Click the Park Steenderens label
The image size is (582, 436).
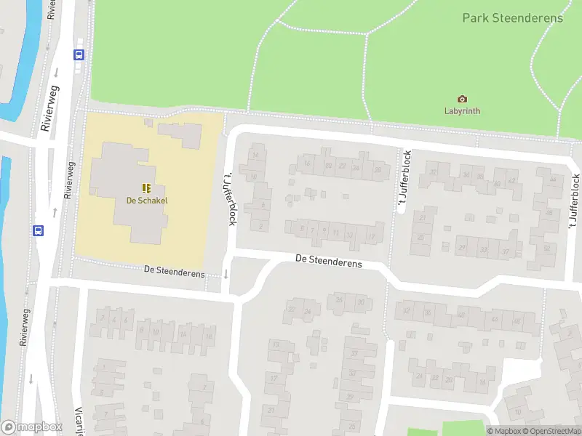pyautogui.click(x=512, y=17)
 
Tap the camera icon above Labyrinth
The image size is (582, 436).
pyautogui.click(x=462, y=99)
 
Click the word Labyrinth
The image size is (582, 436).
pyautogui.click(x=462, y=111)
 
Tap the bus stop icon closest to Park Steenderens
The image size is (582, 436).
pyautogui.click(x=79, y=54)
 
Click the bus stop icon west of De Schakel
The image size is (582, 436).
pyautogui.click(x=38, y=230)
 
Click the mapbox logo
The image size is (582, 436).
pyautogui.click(x=31, y=427)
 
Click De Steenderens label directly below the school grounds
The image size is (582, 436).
pyautogui.click(x=174, y=270)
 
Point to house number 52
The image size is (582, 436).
pyautogui.click(x=546, y=249)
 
